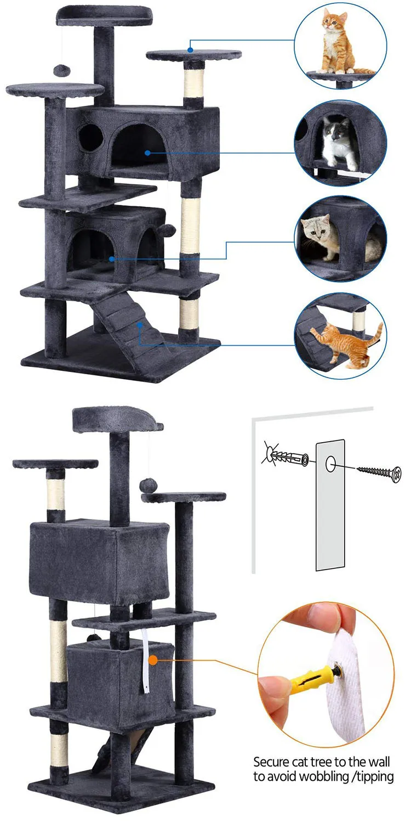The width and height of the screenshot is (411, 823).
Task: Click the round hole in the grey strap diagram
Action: [330, 464]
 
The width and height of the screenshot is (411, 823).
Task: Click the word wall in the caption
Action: [378, 762]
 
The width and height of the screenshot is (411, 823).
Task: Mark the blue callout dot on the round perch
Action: [190, 50]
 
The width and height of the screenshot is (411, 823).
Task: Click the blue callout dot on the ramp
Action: [140, 325]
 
